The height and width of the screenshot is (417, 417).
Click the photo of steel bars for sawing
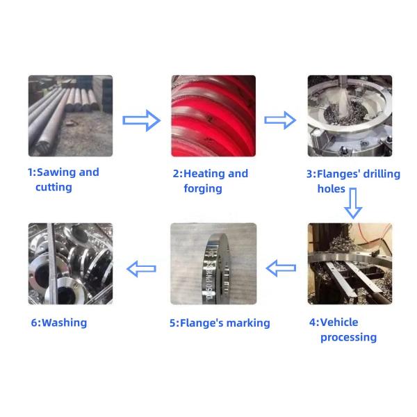click(70, 115)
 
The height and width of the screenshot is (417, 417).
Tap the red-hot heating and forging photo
click(213, 115)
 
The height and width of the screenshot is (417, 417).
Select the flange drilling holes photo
click(350, 115)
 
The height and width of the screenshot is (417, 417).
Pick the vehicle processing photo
click(350, 263)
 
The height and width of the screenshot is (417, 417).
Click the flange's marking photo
click(213, 263)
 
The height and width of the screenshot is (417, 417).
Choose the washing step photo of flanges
click(70, 263)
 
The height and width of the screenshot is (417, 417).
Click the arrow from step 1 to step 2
click(141, 120)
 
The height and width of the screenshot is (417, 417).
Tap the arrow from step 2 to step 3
click(280, 120)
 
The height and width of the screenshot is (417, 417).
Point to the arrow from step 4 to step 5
click(281, 267)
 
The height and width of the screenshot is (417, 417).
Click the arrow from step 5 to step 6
click(141, 267)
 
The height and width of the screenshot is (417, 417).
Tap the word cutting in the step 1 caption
click(54, 187)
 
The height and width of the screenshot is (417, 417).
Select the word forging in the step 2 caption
click(202, 188)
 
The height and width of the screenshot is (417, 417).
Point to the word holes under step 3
click(332, 188)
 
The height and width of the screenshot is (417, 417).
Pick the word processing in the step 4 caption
click(348, 337)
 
